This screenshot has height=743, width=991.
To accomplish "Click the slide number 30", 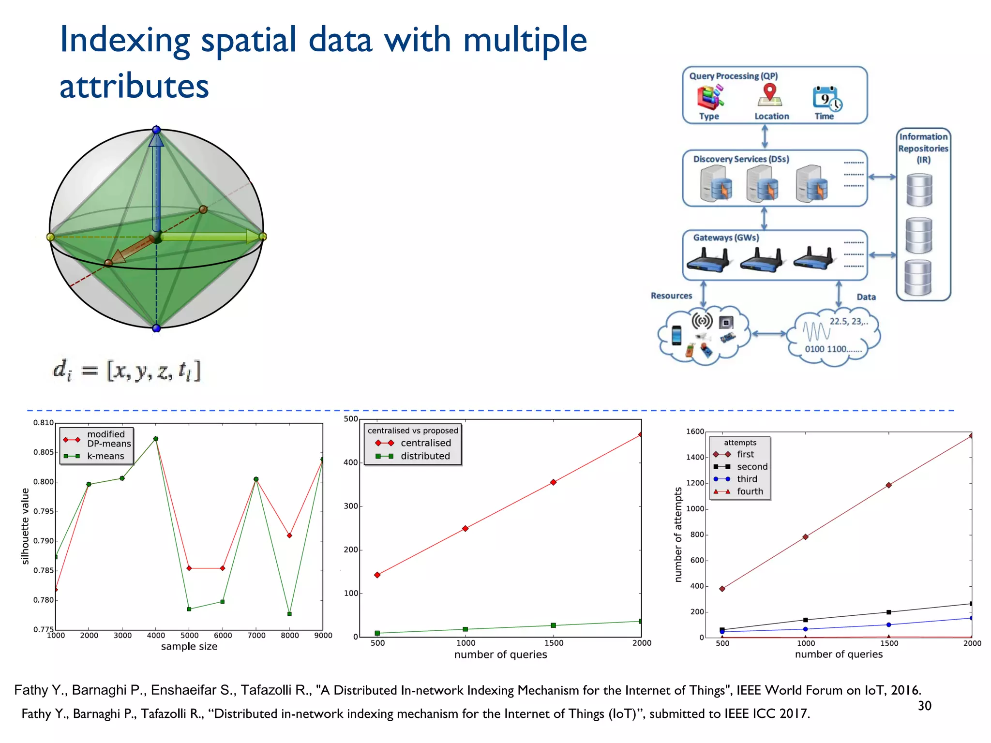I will coord(924,706).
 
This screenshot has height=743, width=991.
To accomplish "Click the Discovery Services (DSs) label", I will coord(741,159).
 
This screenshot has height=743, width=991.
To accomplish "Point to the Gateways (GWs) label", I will coord(726,238).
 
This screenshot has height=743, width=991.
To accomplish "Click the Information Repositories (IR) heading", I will coord(923,148).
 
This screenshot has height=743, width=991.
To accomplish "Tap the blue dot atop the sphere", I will coord(156,130).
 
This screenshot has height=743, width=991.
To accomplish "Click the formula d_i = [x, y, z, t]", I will coord(126,371).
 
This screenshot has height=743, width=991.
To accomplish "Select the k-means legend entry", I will coord(105,456).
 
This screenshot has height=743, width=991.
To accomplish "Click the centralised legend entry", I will coord(425,443).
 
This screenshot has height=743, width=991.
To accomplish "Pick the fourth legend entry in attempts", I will coord(750,491).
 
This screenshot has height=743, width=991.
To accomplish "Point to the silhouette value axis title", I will coord(25,526).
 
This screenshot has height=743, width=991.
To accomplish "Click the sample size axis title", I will coord(189,646).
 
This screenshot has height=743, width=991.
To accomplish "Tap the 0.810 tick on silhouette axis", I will coord(44,423).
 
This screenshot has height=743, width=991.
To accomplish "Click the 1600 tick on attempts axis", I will coord(695,431).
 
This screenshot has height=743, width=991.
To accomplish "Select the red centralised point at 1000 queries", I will coord(465,529).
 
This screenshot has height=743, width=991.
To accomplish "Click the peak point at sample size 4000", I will coord(156,439).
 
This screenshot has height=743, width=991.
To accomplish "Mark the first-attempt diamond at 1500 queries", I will coord(888,485).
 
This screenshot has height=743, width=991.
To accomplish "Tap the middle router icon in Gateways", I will coord(761,259).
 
